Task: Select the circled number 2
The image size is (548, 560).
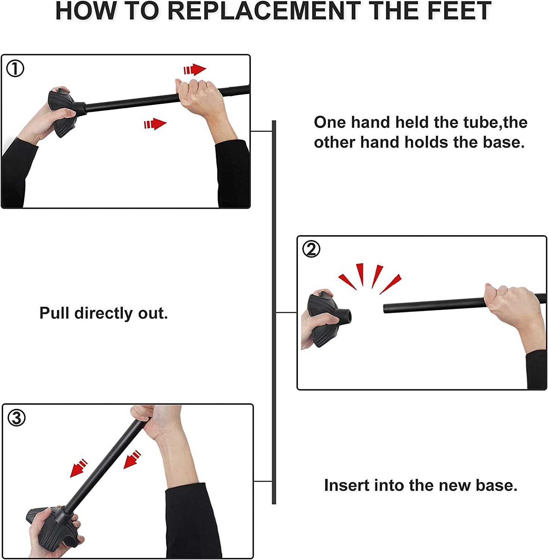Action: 311,249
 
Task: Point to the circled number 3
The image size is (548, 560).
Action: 17,418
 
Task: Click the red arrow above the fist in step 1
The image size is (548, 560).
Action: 195,70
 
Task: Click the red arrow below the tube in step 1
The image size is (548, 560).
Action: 155,124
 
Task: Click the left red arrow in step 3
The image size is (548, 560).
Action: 78,469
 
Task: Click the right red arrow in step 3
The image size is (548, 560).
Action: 132,460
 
